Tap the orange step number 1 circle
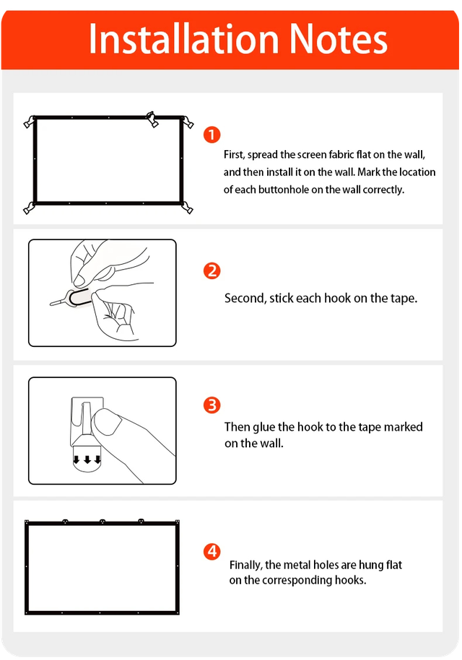point(212,135)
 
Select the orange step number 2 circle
point(212,270)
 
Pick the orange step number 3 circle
point(212,405)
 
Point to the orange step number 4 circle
point(212,551)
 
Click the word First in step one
point(234,155)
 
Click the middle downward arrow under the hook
point(87,459)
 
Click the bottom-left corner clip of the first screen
point(30,208)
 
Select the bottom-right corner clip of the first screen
point(187,208)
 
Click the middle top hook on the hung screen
point(103,522)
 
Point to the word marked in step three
point(403,427)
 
